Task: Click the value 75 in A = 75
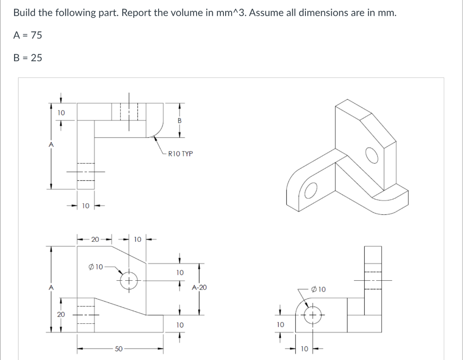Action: pyautogui.click(x=36, y=35)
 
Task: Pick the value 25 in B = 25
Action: pyautogui.click(x=36, y=58)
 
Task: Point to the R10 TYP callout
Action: pyautogui.click(x=180, y=154)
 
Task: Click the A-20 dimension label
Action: pyautogui.click(x=199, y=287)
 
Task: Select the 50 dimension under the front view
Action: pyautogui.click(x=118, y=349)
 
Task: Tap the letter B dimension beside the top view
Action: pyautogui.click(x=179, y=120)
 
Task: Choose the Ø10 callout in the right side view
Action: pyautogui.click(x=319, y=288)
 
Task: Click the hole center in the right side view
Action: pyautogui.click(x=312, y=316)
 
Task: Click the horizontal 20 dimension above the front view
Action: pyautogui.click(x=95, y=239)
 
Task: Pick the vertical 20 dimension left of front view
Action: pyautogui.click(x=60, y=314)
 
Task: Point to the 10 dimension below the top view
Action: pyautogui.click(x=85, y=206)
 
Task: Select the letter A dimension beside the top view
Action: pyautogui.click(x=51, y=144)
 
